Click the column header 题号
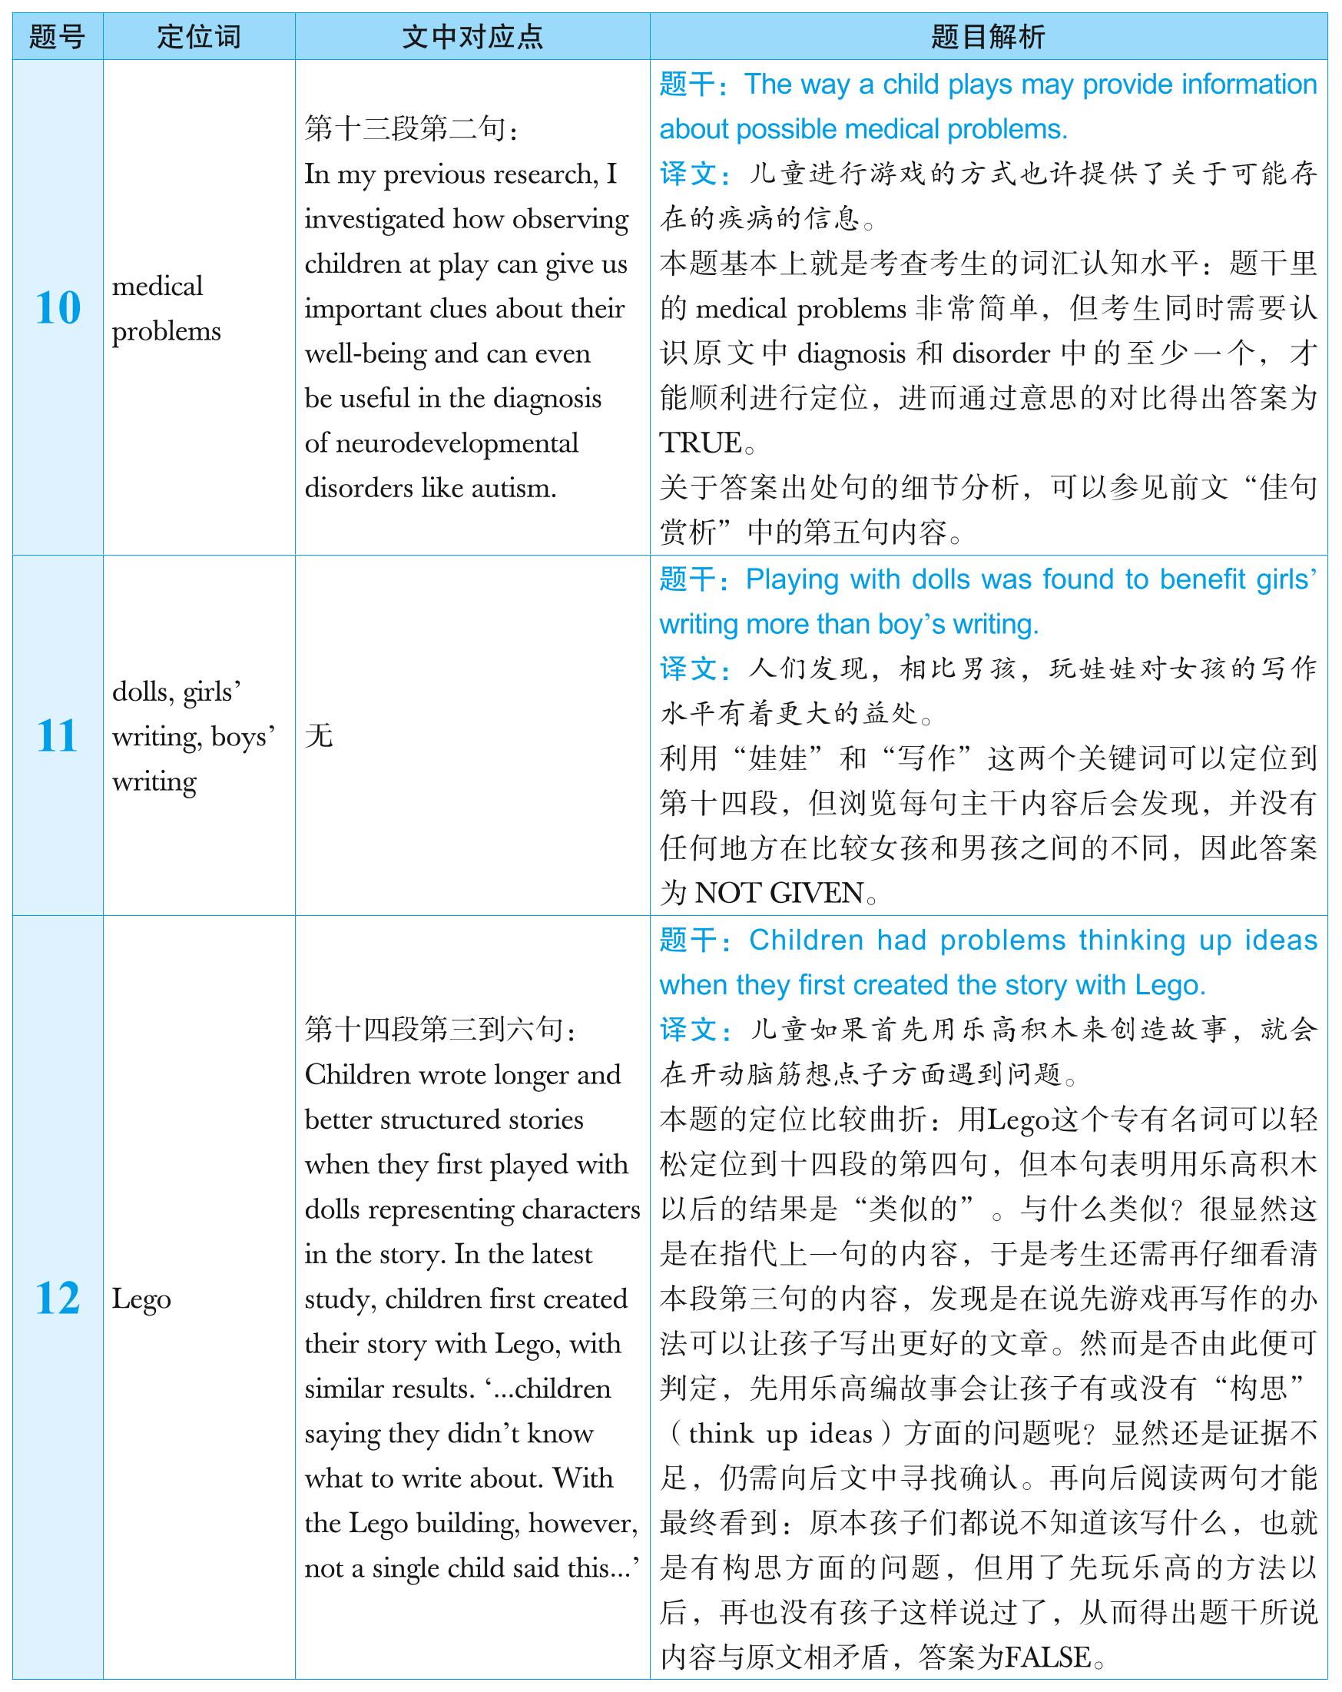click(58, 36)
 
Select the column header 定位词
click(198, 36)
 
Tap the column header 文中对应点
click(472, 36)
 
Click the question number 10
click(58, 307)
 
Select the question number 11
click(58, 736)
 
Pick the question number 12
click(58, 1299)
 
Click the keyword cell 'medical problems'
click(165, 308)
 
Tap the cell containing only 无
click(320, 736)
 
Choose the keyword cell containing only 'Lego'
click(141, 1299)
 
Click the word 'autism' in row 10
click(513, 488)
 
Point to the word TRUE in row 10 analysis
click(701, 443)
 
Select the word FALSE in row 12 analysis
click(1047, 1657)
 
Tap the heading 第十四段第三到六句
click(439, 1030)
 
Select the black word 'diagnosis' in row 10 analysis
click(851, 354)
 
